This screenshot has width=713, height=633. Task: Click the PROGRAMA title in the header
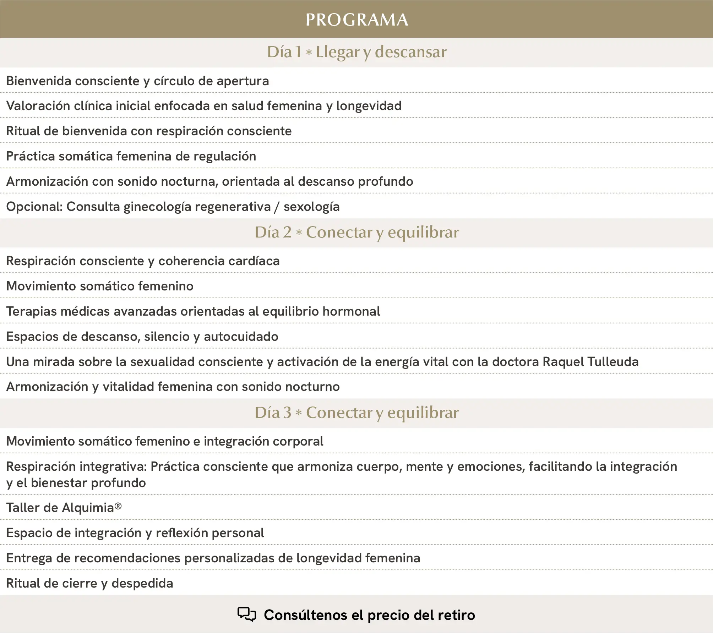[356, 20]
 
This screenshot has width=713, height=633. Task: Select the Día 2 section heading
[356, 233]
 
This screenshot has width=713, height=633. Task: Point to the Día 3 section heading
[356, 413]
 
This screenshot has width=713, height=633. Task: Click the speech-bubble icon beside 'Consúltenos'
[246, 614]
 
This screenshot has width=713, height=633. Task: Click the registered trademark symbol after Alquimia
[118, 506]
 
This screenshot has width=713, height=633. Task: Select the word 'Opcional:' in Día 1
[34, 207]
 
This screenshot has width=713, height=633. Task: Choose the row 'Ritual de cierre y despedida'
[89, 583]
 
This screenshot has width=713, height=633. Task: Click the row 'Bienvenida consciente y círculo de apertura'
[137, 81]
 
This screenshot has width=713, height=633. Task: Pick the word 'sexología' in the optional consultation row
[311, 207]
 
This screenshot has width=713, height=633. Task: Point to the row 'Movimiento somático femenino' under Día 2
[100, 286]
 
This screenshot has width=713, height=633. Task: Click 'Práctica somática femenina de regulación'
[131, 156]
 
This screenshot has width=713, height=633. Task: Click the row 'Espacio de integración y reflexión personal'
[135, 533]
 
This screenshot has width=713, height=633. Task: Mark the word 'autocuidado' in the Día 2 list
[241, 337]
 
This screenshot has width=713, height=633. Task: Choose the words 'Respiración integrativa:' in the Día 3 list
[76, 466]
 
